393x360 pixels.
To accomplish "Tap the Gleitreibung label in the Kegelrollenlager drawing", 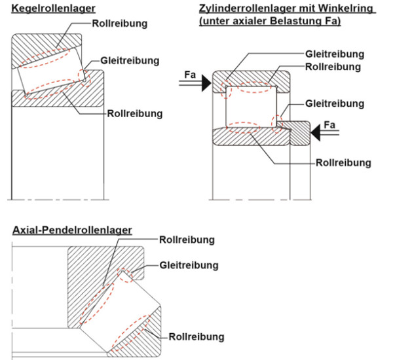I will click(x=130, y=60).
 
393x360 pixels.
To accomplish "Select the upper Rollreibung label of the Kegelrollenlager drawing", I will click(x=120, y=24).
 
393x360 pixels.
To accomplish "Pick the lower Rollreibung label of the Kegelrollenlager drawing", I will click(x=135, y=114).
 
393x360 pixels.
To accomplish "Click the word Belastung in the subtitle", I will click(x=301, y=21).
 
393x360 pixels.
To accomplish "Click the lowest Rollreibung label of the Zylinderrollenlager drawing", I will click(x=343, y=162).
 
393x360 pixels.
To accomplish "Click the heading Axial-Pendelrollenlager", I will click(x=72, y=230).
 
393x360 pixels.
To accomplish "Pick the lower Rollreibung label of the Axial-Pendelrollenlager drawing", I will click(x=196, y=337).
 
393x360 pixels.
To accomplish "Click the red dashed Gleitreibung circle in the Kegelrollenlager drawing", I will click(x=85, y=73).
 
